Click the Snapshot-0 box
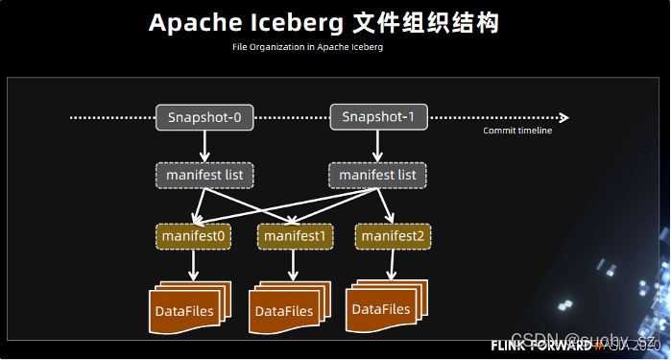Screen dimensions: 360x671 point(204,118)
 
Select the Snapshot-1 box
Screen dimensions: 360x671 point(378,117)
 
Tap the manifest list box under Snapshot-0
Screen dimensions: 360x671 point(204,176)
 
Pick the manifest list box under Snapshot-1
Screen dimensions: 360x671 point(377,176)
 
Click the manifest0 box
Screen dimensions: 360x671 point(193,235)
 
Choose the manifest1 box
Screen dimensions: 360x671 point(295,235)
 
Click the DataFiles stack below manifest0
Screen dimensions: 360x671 point(186,309)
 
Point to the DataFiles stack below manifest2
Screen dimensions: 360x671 point(381,307)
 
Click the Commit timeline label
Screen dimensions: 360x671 point(517,131)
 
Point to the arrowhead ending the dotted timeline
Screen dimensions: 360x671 point(564,118)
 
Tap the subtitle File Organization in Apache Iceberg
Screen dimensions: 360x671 point(307,47)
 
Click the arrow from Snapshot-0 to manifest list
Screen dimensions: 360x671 point(204,146)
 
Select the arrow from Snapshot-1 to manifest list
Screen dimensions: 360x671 point(377,146)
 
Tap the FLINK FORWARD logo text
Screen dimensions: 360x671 point(541,345)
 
